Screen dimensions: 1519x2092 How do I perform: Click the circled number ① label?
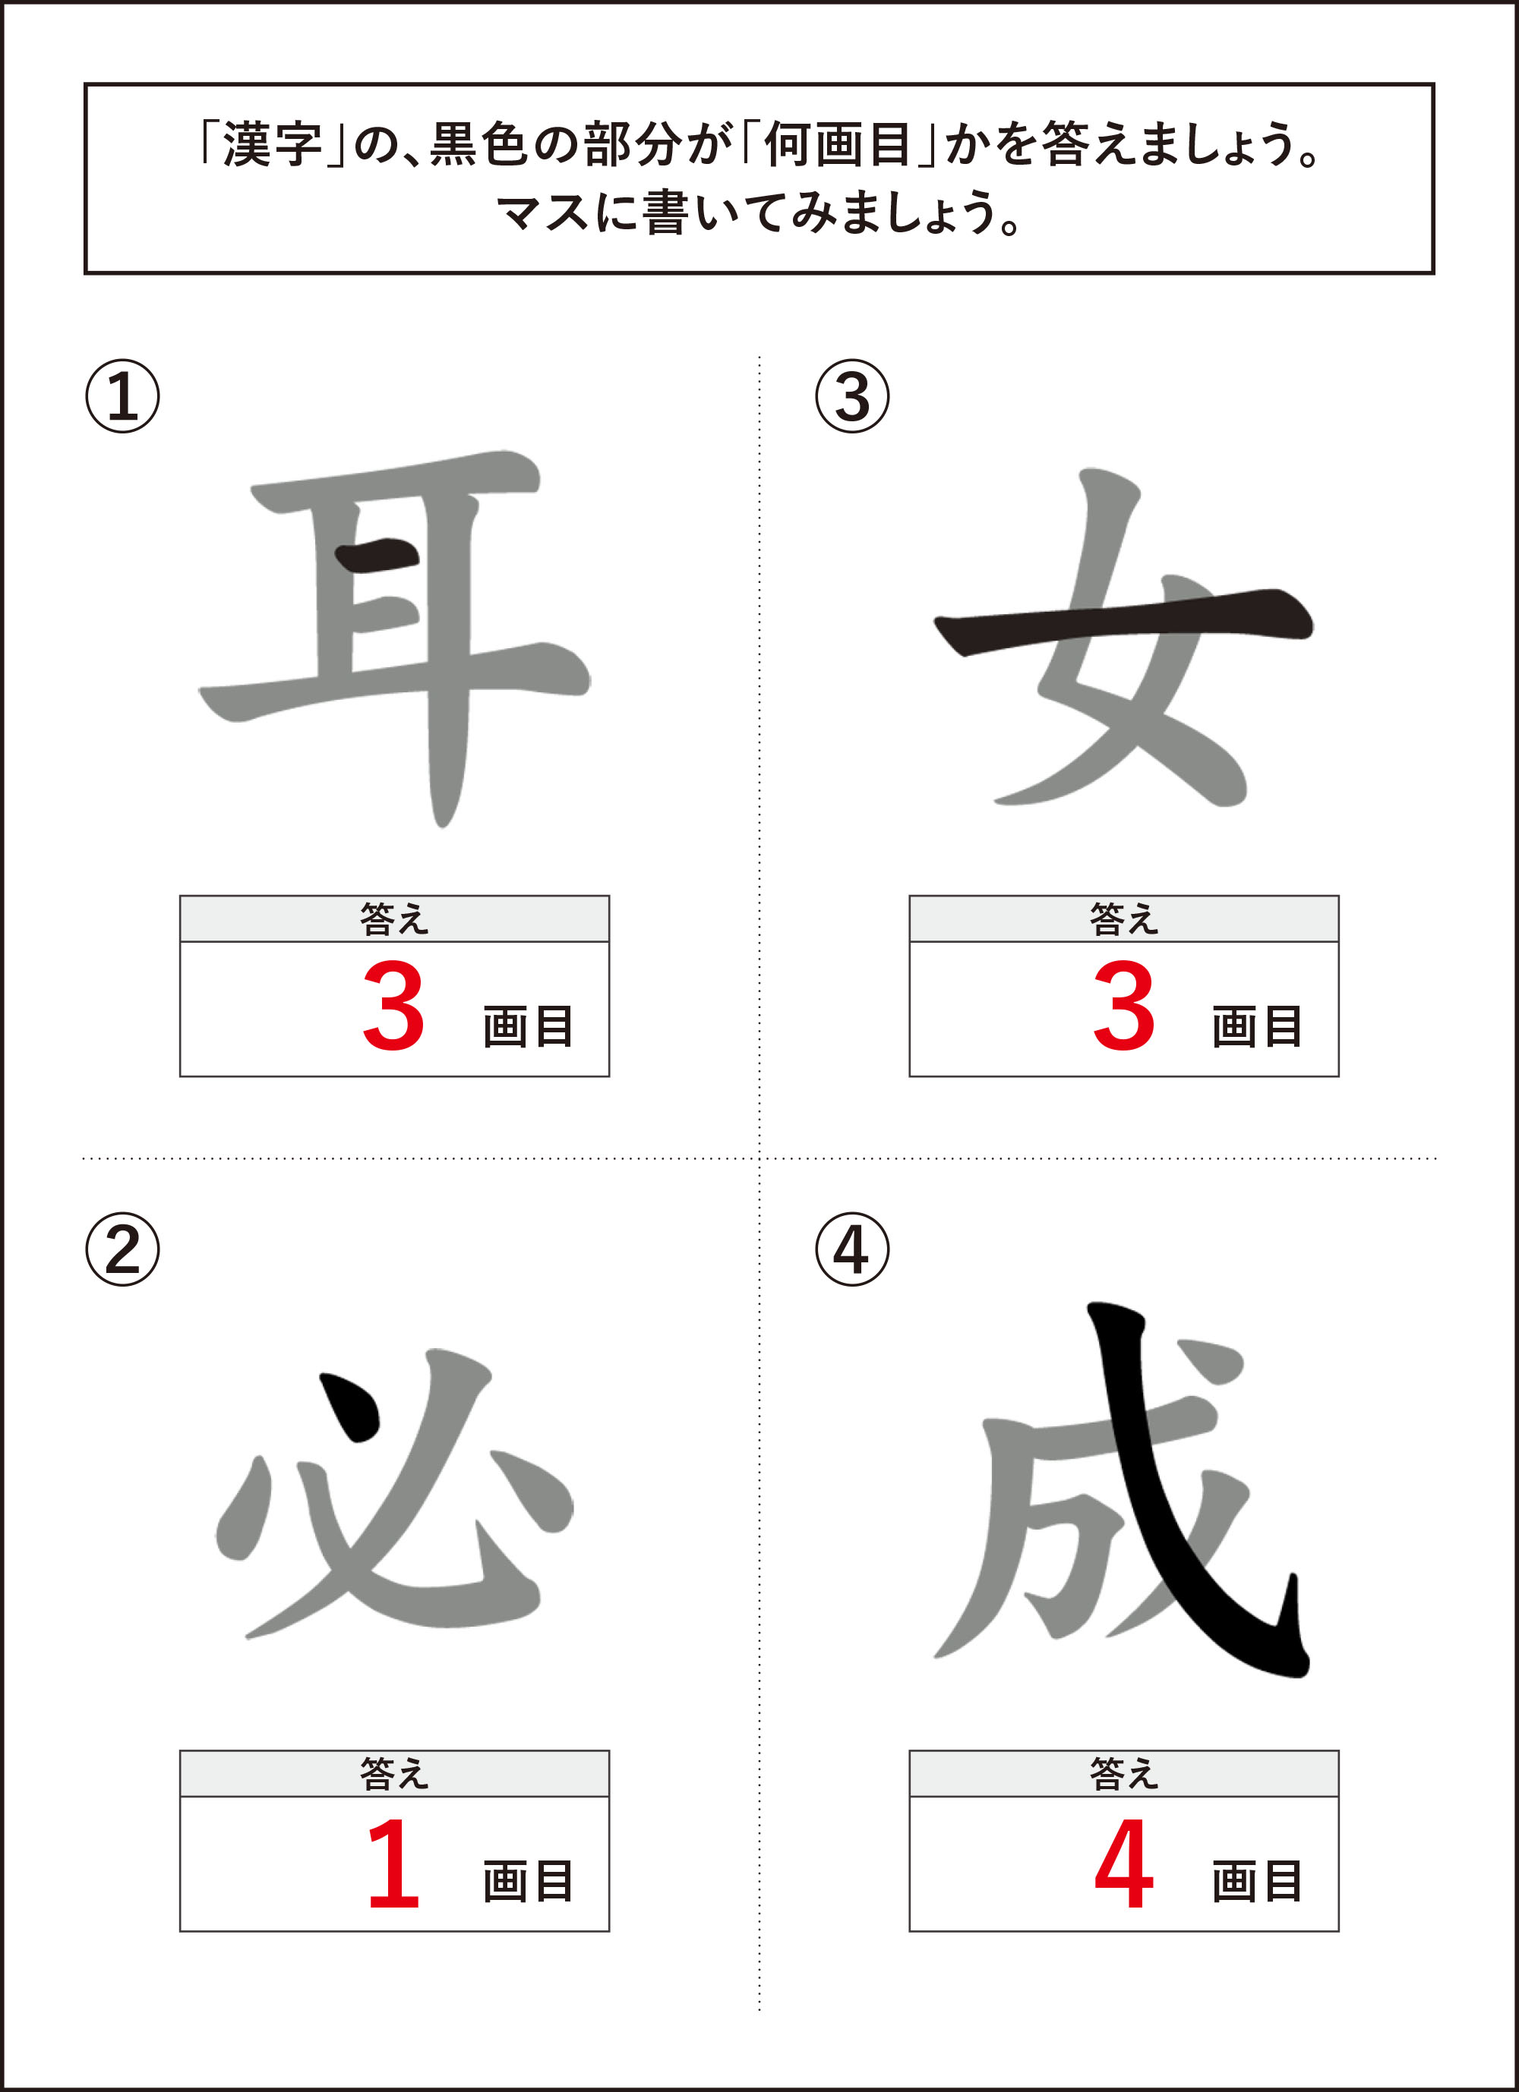(123, 397)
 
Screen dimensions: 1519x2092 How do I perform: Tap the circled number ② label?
(123, 1250)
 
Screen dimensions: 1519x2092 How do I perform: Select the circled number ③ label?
(853, 397)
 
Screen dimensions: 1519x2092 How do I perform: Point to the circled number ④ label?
(853, 1250)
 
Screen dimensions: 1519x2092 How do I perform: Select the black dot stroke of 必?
(350, 1407)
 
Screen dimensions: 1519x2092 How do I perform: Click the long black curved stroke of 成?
(1190, 1513)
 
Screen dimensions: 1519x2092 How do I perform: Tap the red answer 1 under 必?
(394, 1862)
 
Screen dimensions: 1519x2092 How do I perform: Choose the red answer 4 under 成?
(1124, 1862)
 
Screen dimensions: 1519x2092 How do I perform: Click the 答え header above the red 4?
(1124, 1774)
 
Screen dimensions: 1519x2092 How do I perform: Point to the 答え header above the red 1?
(394, 1774)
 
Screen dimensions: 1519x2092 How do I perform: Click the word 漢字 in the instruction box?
(272, 145)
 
